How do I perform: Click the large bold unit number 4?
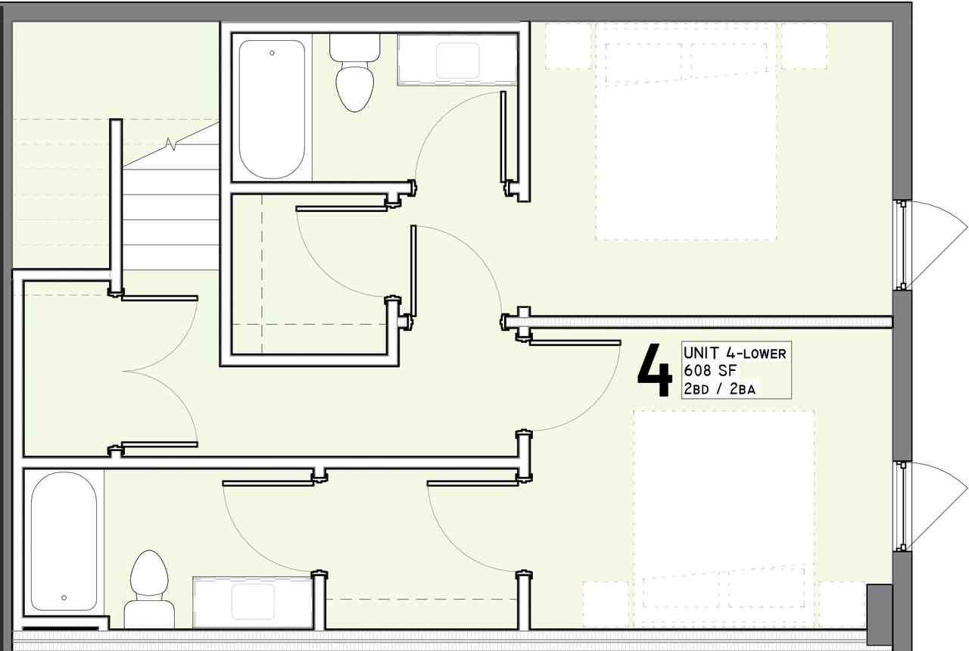point(655,370)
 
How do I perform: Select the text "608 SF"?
point(710,371)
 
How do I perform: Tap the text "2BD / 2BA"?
point(720,389)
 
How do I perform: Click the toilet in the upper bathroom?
point(355,73)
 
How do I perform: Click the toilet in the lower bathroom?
point(149,589)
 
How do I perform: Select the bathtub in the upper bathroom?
point(272,109)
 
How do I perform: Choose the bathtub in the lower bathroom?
point(64,540)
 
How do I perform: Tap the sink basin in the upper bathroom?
point(457,61)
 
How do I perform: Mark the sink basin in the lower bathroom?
point(253,602)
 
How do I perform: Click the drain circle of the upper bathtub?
point(272,53)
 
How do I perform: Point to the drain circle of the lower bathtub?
point(64,598)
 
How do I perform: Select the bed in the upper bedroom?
point(686,132)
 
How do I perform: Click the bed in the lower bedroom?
point(724,519)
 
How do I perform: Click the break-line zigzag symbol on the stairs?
point(170,144)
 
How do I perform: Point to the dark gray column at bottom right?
point(880,606)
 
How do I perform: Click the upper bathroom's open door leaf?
point(503,137)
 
